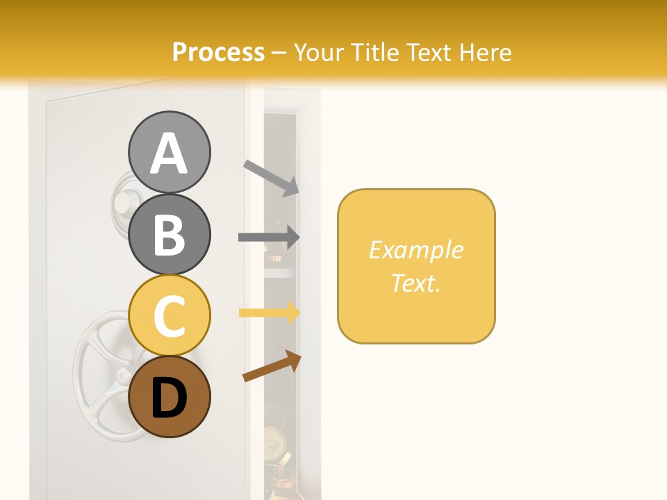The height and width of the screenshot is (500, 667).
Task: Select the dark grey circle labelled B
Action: [x=169, y=234]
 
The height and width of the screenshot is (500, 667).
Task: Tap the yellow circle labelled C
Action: [x=169, y=316]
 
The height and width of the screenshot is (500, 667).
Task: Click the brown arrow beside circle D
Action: [x=272, y=366]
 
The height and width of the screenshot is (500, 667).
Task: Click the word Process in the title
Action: [x=218, y=52]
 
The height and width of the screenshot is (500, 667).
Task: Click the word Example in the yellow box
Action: [x=415, y=250]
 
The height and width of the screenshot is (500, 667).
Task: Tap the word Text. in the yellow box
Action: [x=415, y=283]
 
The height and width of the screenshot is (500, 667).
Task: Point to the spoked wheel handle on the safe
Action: [x=104, y=375]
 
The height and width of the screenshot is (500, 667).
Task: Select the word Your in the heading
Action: [x=319, y=52]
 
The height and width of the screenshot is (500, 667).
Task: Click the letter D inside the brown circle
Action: [x=169, y=399]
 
